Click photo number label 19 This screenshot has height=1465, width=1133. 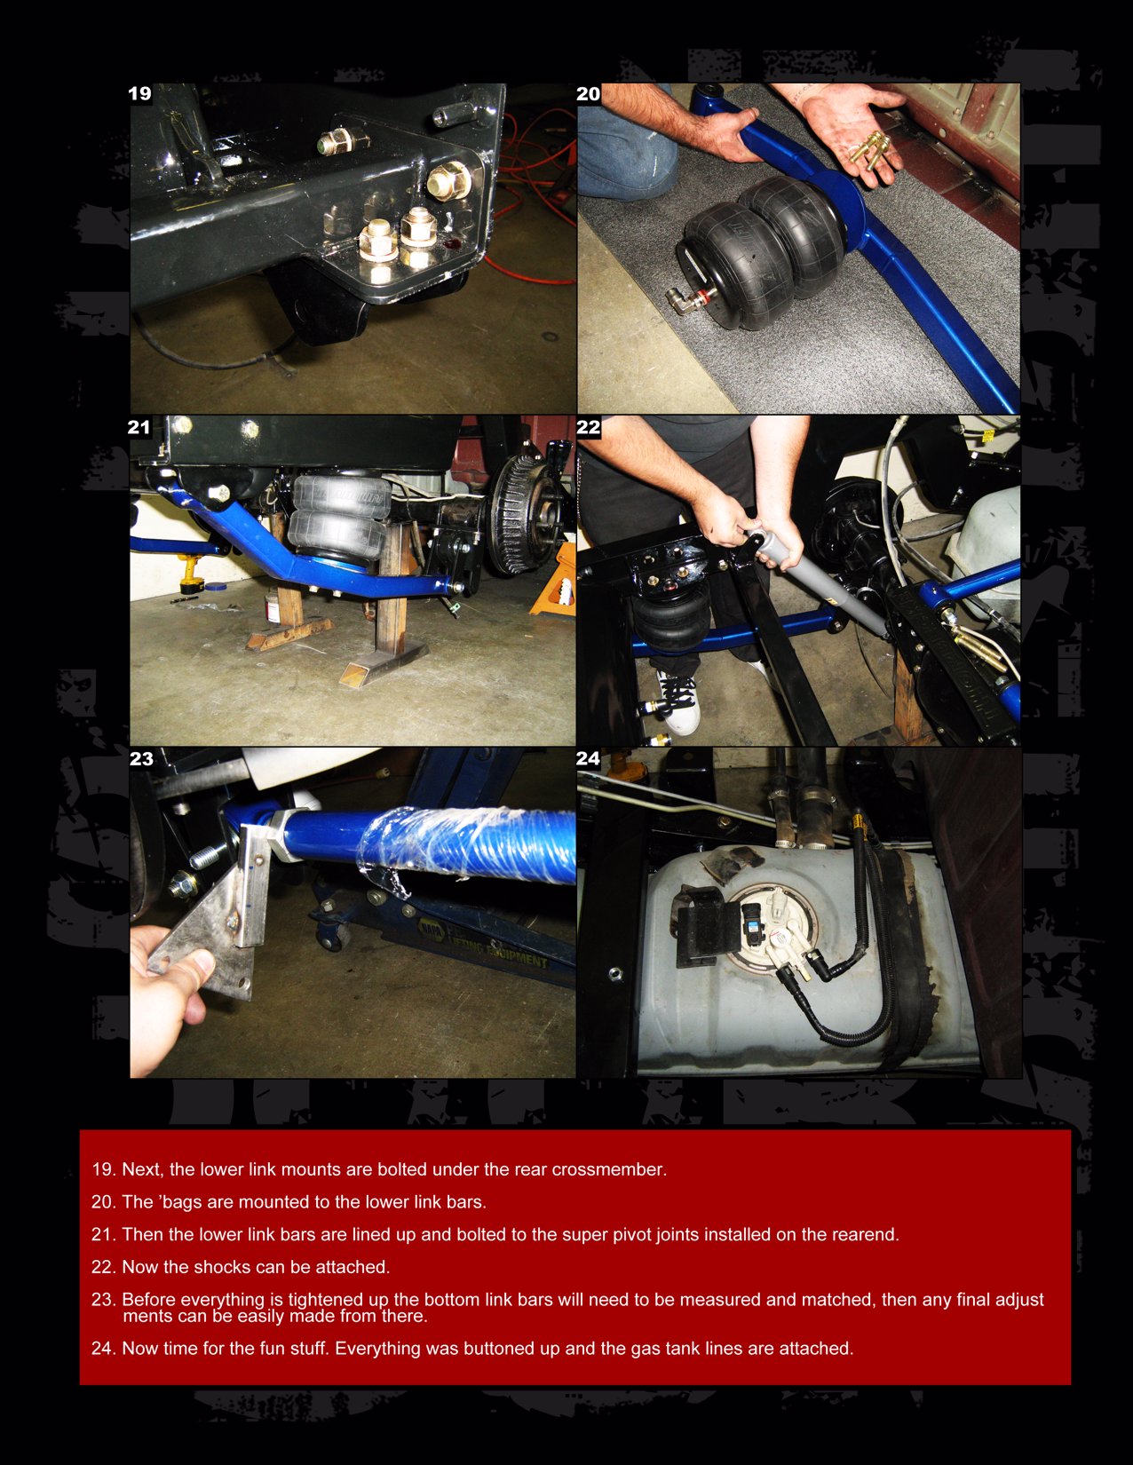pyautogui.click(x=140, y=94)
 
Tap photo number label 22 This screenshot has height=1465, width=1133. pyautogui.click(x=589, y=427)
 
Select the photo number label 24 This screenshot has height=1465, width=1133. pyautogui.click(x=588, y=758)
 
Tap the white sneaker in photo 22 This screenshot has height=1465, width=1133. pyautogui.click(x=678, y=701)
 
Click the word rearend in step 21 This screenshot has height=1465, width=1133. pyautogui.click(x=865, y=1234)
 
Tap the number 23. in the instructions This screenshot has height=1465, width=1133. pyautogui.click(x=104, y=1300)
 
